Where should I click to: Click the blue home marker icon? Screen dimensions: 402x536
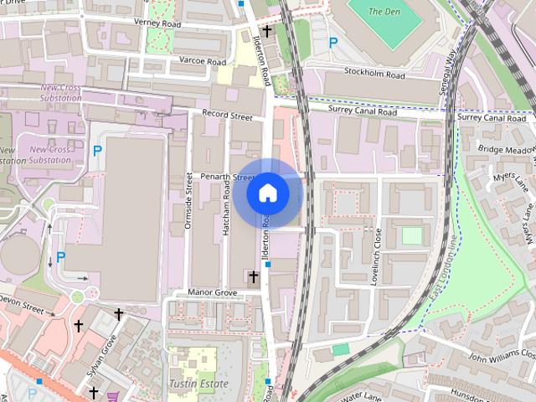pyautogui.click(x=268, y=193)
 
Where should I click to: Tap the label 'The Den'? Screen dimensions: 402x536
pyautogui.click(x=385, y=12)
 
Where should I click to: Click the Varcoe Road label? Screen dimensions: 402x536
pyautogui.click(x=202, y=62)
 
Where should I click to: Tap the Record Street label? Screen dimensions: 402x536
pyautogui.click(x=227, y=116)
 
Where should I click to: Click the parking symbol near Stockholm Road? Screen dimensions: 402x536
pyautogui.click(x=333, y=43)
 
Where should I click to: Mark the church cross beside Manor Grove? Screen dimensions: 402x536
pyautogui.click(x=253, y=276)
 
